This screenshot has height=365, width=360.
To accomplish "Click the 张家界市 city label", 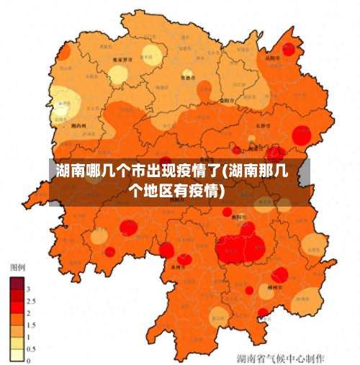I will pyautogui.click(x=127, y=61).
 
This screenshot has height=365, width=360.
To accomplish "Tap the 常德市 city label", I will pyautogui.click(x=187, y=77).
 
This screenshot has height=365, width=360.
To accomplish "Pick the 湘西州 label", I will pyautogui.click(x=79, y=124).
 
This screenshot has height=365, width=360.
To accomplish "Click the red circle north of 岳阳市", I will pyautogui.click(x=290, y=49).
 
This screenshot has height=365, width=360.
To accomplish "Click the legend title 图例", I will pyautogui.click(x=17, y=267).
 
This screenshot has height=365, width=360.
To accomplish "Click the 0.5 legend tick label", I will pyautogui.click(x=30, y=348).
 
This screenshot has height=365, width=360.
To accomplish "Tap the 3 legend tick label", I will pyautogui.click(x=29, y=289).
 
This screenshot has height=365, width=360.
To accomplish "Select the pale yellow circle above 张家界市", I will pyautogui.click(x=150, y=53).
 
